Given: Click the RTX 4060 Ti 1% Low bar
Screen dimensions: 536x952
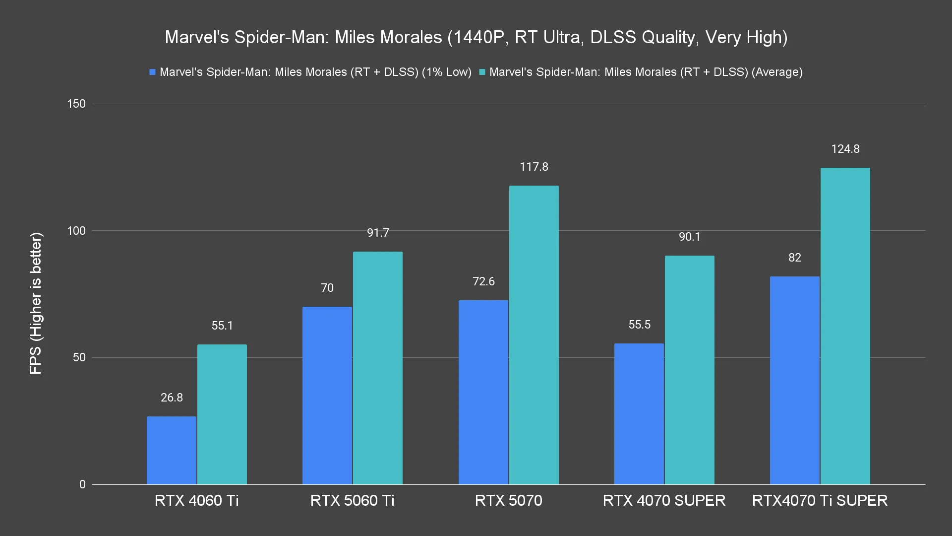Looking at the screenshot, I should click(172, 450).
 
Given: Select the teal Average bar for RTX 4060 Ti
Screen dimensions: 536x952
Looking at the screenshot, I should click(222, 414).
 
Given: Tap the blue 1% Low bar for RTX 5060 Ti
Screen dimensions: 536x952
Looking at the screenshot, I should click(327, 396).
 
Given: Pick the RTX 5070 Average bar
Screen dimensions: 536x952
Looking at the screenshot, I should click(534, 335).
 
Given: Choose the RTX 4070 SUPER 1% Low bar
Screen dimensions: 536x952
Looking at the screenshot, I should click(639, 414).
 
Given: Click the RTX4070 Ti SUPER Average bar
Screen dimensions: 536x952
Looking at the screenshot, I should click(845, 326).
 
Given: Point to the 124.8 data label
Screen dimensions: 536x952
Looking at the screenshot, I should click(845, 149).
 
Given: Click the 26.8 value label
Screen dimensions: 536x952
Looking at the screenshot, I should click(172, 398).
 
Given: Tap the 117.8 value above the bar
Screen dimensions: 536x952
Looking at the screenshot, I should click(534, 167).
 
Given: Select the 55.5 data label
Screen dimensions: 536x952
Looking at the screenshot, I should click(639, 325).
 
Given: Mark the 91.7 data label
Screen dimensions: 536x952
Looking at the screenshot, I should click(378, 233).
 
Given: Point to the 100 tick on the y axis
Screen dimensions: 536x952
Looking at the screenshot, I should click(76, 231).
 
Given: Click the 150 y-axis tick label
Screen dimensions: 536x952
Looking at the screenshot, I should click(76, 104).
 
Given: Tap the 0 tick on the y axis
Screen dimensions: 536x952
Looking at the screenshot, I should click(82, 484).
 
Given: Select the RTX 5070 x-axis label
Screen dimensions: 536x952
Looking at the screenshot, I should click(508, 500).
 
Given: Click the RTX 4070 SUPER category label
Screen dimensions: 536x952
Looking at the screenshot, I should click(664, 500).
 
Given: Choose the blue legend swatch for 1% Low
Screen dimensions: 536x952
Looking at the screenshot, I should click(153, 72).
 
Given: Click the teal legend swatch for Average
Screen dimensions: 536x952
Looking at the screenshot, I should click(482, 72).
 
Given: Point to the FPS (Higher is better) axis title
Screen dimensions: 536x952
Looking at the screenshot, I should click(36, 304).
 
